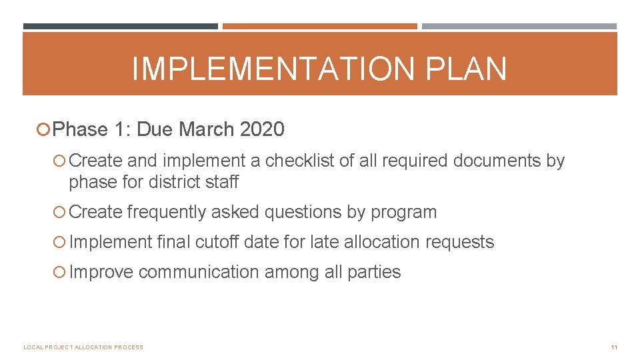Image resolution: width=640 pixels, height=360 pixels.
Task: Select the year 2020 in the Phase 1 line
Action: coord(262,129)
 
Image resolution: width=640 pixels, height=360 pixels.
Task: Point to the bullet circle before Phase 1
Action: coord(45,129)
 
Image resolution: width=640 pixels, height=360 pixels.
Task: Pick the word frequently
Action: coord(166,212)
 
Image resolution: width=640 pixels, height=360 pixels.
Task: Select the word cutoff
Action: coord(217,242)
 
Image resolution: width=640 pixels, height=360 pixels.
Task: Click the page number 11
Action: coord(613,347)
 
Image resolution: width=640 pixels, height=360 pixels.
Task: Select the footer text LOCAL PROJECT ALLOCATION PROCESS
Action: coord(83,347)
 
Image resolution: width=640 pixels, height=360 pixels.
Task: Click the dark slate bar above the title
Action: coord(121,27)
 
